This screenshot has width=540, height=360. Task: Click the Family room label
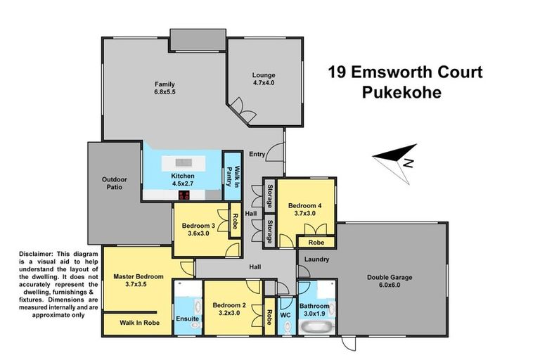click(x=165, y=87)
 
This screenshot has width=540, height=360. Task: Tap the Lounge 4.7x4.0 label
click(x=264, y=79)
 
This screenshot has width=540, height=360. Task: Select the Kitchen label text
click(x=182, y=179)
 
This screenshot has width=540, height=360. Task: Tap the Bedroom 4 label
click(x=305, y=210)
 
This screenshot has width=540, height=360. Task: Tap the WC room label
click(x=285, y=315)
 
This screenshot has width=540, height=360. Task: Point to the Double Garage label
click(x=389, y=281)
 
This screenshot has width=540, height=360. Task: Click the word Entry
click(x=258, y=154)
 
